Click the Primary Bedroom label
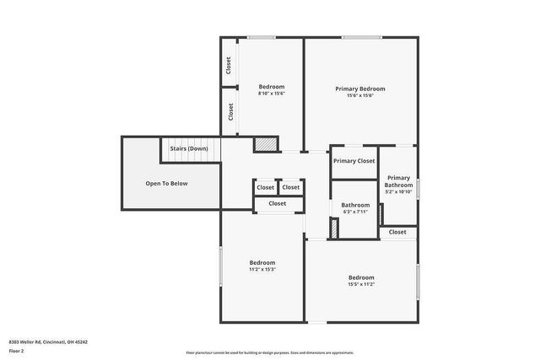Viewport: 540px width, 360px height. [x=360, y=89]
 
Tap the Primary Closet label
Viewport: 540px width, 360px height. [x=354, y=161]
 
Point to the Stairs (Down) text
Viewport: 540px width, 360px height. [x=189, y=149]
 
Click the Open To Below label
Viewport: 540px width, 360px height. [x=166, y=183]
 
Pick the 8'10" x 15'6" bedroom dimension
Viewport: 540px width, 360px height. [x=272, y=94]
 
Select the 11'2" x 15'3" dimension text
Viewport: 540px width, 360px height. [x=262, y=270]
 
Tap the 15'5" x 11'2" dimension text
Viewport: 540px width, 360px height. [x=361, y=284]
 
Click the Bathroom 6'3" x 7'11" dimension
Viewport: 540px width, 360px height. [x=355, y=212]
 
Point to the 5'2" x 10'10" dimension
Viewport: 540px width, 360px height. [x=398, y=192]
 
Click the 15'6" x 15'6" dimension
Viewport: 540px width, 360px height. [x=360, y=96]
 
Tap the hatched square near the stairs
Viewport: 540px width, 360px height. [x=266, y=144]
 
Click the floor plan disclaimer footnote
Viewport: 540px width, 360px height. [x=270, y=352]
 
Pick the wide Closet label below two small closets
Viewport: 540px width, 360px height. [x=278, y=203]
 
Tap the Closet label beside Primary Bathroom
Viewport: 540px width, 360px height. [x=397, y=232]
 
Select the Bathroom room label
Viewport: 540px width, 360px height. [x=355, y=205]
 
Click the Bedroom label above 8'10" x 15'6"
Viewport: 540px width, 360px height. [x=272, y=87]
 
